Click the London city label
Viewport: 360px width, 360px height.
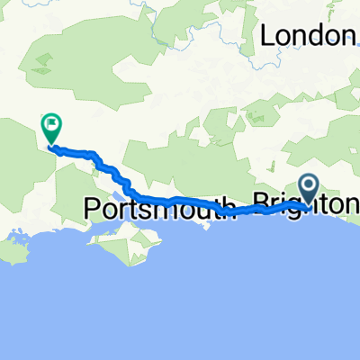(x=306, y=35)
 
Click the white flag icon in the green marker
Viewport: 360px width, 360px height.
(x=50, y=126)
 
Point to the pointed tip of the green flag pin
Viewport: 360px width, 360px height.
(x=50, y=146)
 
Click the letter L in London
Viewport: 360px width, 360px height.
(x=267, y=35)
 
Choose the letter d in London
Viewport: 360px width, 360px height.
(x=310, y=35)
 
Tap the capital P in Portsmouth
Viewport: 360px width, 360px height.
(x=91, y=208)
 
